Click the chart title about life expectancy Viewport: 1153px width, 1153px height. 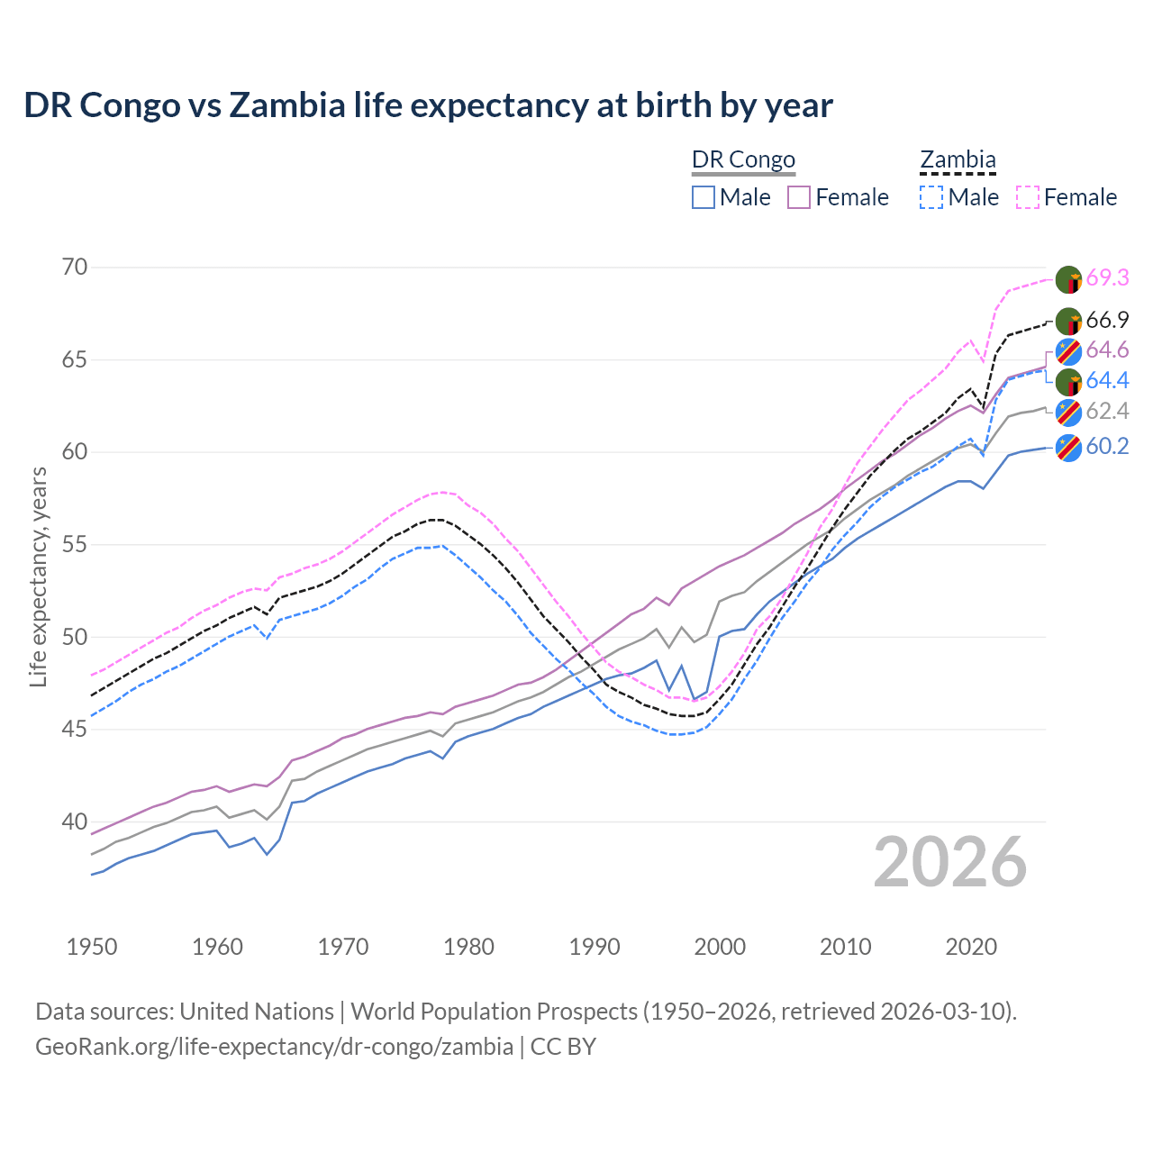click(428, 105)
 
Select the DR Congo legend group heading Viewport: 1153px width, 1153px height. click(743, 160)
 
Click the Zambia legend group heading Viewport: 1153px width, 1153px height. click(958, 160)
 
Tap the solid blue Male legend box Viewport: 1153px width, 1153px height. click(704, 197)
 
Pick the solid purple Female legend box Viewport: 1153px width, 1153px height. click(799, 197)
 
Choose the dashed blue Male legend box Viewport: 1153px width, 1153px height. click(931, 197)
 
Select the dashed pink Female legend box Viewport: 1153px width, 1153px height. click(1028, 197)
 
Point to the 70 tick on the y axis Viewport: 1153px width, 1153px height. click(76, 268)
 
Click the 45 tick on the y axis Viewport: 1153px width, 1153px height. click(76, 730)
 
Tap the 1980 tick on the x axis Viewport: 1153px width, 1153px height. click(468, 947)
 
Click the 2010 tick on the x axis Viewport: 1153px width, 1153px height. click(845, 947)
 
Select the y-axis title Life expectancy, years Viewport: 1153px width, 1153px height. click(39, 576)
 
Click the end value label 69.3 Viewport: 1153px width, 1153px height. click(1107, 278)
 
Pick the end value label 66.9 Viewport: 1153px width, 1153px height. click(1107, 321)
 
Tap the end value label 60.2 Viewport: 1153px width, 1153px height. click(1107, 447)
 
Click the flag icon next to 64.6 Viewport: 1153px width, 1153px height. click(1068, 351)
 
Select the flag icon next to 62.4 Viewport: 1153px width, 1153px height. click(1068, 413)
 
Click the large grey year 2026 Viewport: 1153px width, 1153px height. click(949, 863)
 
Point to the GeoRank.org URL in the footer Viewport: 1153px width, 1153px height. click(274, 1047)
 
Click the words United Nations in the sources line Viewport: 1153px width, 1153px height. click(257, 1012)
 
